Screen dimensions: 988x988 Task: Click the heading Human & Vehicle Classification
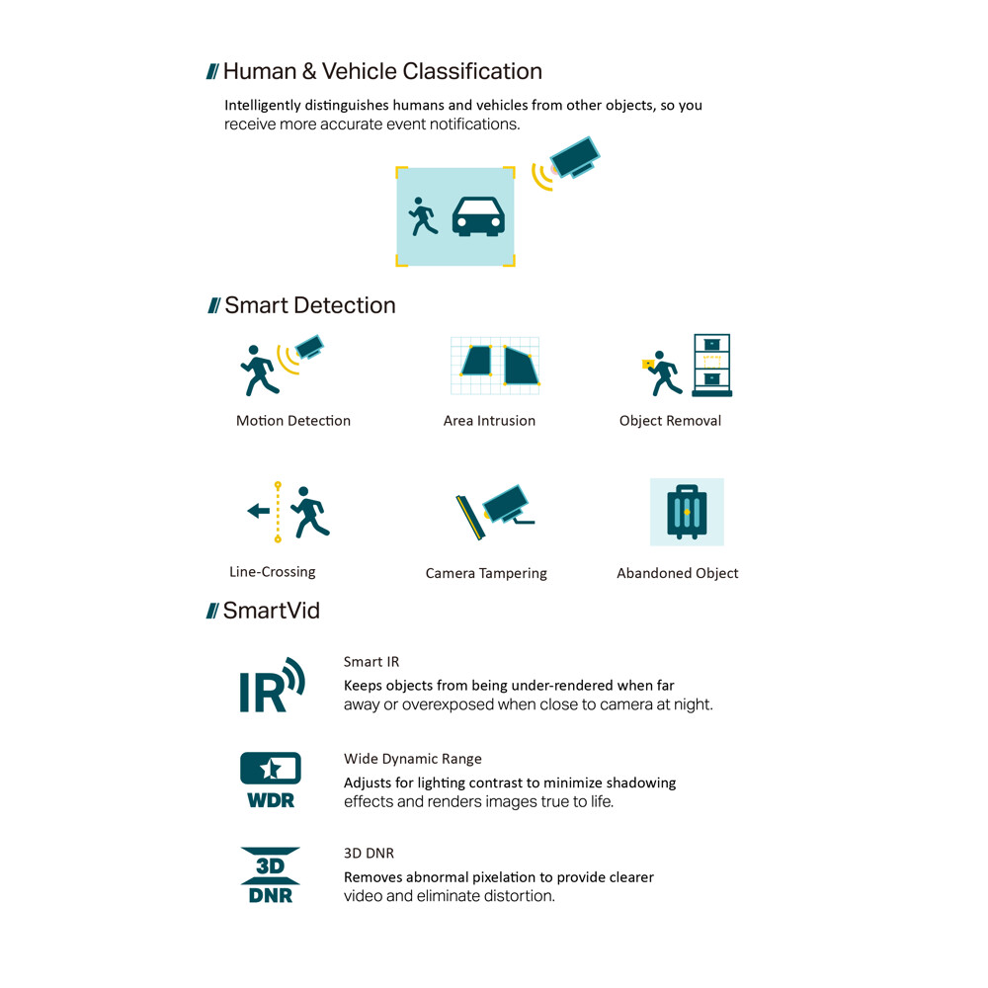(382, 72)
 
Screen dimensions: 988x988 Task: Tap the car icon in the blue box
(478, 215)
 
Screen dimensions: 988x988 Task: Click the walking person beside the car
(424, 216)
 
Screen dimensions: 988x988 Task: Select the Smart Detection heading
(309, 305)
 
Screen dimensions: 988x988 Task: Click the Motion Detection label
(293, 421)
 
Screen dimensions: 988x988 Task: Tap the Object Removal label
(670, 421)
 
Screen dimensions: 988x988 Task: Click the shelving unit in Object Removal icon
(711, 366)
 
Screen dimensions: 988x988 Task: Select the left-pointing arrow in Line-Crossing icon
(258, 511)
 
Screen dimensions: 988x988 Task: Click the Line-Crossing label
(273, 572)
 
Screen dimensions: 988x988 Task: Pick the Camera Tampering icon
(494, 514)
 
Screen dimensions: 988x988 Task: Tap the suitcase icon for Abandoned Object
(687, 512)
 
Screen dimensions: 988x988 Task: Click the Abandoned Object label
(678, 573)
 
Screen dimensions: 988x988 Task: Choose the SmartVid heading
(271, 611)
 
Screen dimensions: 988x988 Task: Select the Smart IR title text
(371, 662)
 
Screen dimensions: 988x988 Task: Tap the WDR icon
(271, 780)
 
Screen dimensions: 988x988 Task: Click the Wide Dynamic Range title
(413, 759)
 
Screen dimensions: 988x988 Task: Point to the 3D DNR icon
(271, 874)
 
